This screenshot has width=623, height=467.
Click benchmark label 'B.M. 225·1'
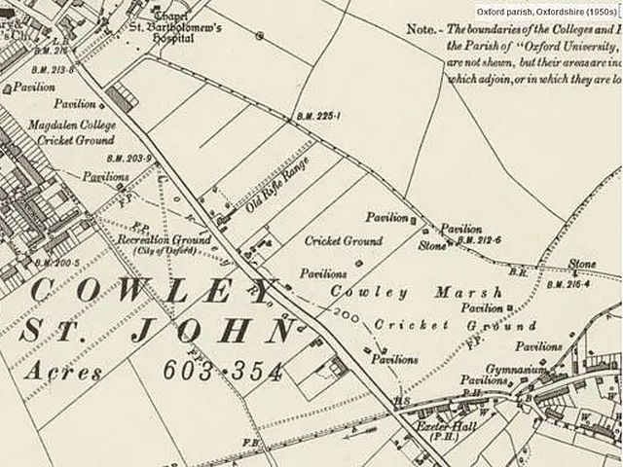pos(317,116)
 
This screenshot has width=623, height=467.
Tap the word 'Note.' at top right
pos(421,30)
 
